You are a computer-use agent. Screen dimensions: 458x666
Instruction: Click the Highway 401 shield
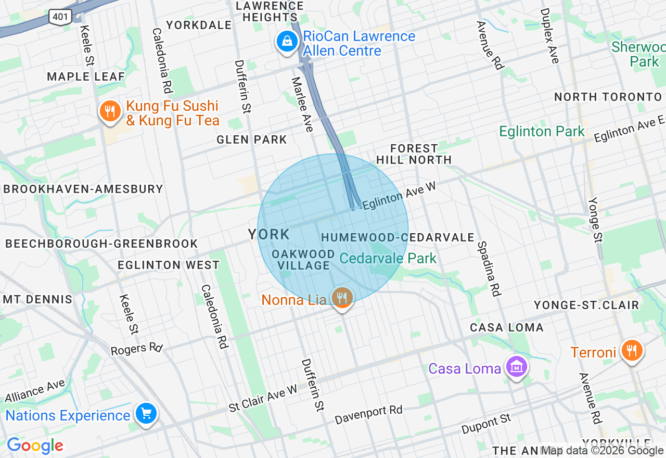pyautogui.click(x=60, y=17)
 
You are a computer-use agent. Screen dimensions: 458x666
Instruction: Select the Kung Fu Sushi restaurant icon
pyautogui.click(x=110, y=112)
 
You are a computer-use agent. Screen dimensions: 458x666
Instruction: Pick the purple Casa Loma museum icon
pyautogui.click(x=516, y=367)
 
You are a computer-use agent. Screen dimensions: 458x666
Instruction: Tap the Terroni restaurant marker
pyautogui.click(x=632, y=351)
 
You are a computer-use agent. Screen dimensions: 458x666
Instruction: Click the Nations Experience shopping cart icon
pyautogui.click(x=146, y=414)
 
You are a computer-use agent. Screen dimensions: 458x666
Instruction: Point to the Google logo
pyautogui.click(x=35, y=446)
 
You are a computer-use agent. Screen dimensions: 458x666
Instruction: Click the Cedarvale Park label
pyautogui.click(x=388, y=258)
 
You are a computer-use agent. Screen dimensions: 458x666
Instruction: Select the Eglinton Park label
pyautogui.click(x=542, y=132)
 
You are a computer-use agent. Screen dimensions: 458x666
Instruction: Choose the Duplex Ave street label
pyautogui.click(x=549, y=36)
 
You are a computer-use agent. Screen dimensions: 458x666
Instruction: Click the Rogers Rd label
pyautogui.click(x=136, y=348)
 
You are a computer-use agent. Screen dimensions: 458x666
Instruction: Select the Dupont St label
pyautogui.click(x=486, y=424)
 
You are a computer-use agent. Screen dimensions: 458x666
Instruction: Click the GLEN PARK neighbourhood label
pyautogui.click(x=252, y=139)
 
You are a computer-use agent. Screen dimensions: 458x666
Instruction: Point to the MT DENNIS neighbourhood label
pyautogui.click(x=37, y=299)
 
